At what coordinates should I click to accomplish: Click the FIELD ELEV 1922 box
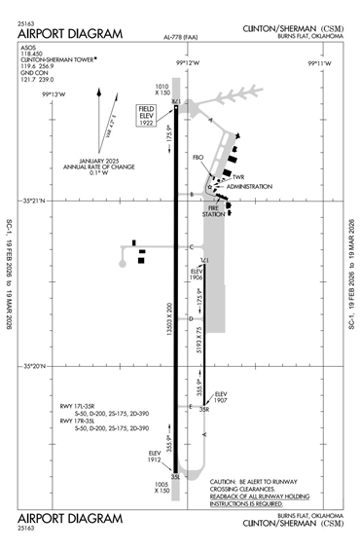coord(147,116)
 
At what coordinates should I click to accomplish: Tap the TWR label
coord(236,176)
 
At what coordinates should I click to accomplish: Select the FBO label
coord(198,157)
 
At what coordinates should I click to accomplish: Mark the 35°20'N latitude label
coord(38,366)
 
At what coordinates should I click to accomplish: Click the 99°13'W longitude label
coord(54,93)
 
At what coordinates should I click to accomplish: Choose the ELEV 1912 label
coord(154,457)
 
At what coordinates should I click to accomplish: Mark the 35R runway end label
coord(204,410)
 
